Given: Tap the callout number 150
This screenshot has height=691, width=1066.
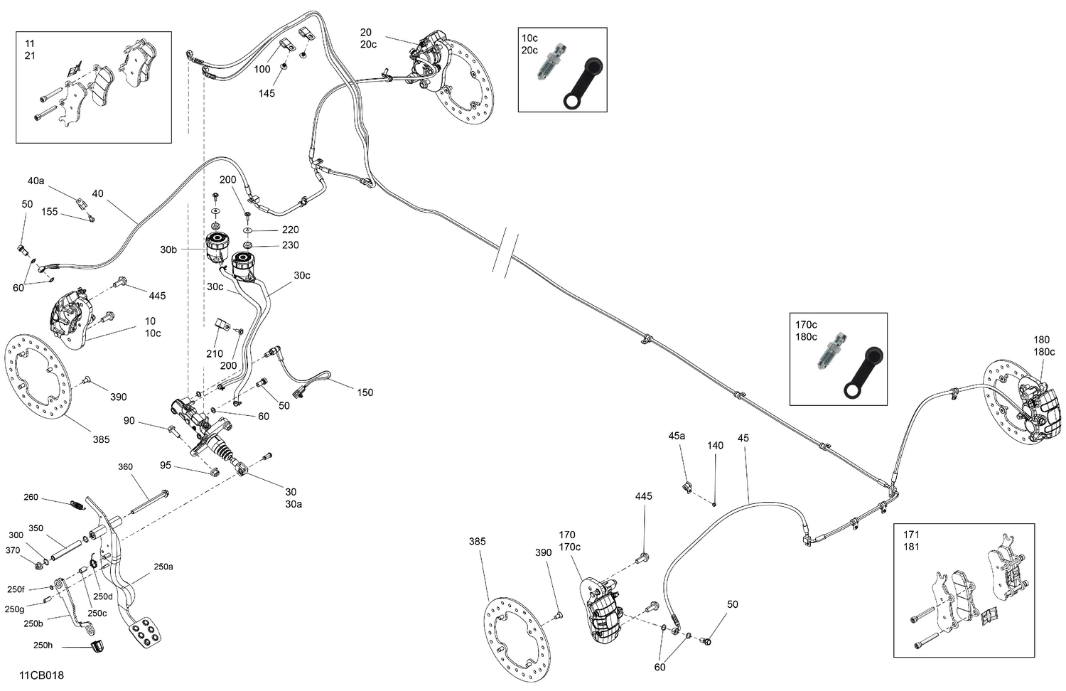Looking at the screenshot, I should (365, 392).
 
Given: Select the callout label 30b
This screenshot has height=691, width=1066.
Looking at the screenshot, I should (168, 250).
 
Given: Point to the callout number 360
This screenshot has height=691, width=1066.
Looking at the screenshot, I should (125, 467).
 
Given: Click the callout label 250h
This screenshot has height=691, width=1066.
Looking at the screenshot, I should (43, 646).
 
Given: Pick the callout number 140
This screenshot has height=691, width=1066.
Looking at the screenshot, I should (715, 446).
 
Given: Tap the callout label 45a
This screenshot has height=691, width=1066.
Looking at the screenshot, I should (677, 435).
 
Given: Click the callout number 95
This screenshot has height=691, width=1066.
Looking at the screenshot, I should (166, 466).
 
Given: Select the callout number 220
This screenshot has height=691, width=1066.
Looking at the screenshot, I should (290, 230).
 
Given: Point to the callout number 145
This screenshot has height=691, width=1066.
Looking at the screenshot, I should (266, 93).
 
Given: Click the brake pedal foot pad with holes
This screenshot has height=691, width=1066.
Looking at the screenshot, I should (144, 632).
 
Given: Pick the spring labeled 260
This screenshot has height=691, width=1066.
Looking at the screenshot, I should (76, 505).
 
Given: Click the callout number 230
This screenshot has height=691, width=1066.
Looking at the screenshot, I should (290, 245).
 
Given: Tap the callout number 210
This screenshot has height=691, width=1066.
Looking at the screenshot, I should (214, 353).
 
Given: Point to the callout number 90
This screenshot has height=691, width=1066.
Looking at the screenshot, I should (129, 421).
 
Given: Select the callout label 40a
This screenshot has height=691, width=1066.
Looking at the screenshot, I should (36, 181).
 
